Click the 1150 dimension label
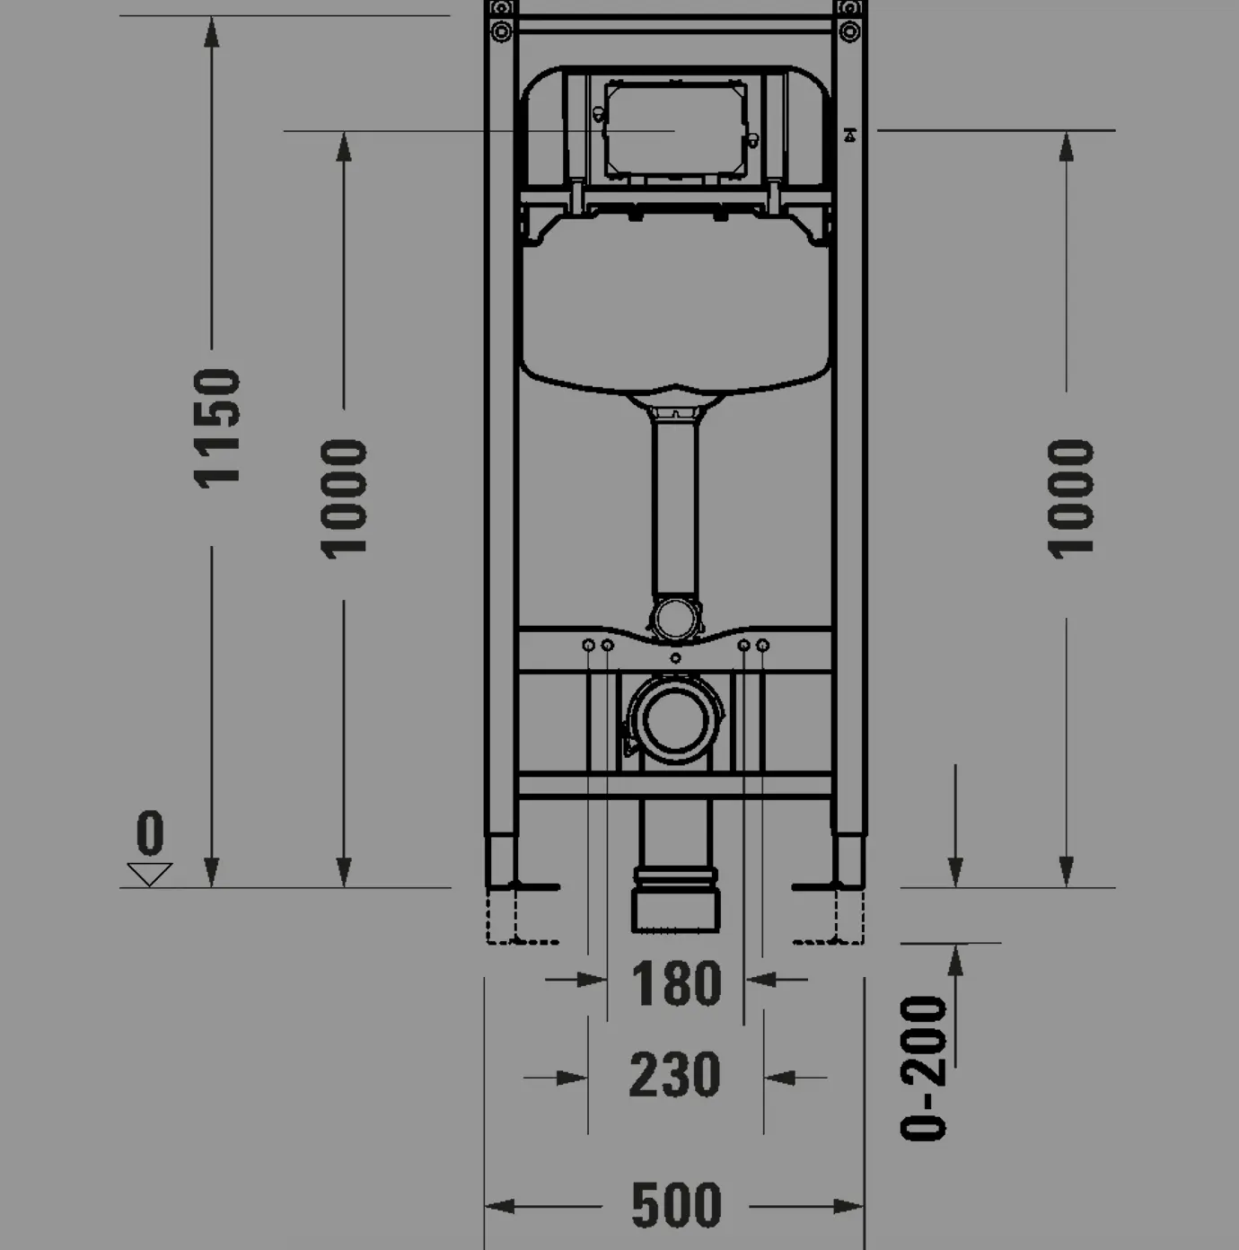click(218, 428)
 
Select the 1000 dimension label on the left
click(345, 499)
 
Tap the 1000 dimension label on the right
click(1071, 499)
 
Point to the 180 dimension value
click(676, 983)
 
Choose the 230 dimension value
click(674, 1075)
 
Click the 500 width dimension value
click(676, 1206)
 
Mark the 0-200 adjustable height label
click(925, 1069)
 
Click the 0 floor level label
click(150, 832)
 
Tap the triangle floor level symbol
click(150, 874)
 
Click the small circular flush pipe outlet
click(674, 620)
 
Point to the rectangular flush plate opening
click(675, 129)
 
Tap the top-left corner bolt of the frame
click(501, 31)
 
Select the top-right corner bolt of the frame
click(848, 31)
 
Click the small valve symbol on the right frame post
click(849, 136)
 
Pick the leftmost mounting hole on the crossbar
click(588, 646)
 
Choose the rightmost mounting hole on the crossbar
click(763, 646)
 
